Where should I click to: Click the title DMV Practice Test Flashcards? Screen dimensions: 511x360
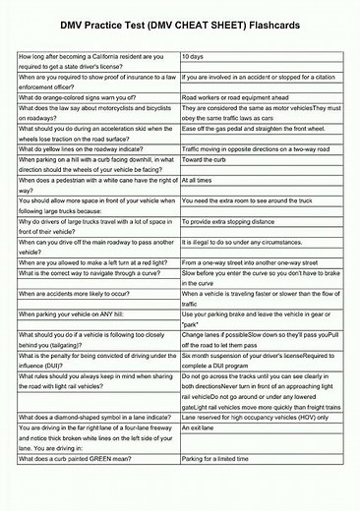point(180,24)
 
